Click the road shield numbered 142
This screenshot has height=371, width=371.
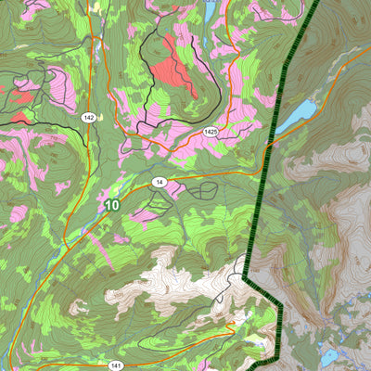[x=88, y=117]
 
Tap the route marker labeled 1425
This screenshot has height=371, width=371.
[x=211, y=133]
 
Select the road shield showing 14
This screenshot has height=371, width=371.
[x=160, y=181]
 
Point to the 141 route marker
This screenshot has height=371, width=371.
[x=116, y=365]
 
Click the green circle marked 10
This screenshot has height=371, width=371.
[x=112, y=205]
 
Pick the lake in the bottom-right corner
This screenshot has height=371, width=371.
[x=329, y=356]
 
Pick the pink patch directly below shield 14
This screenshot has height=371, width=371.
[x=147, y=214]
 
